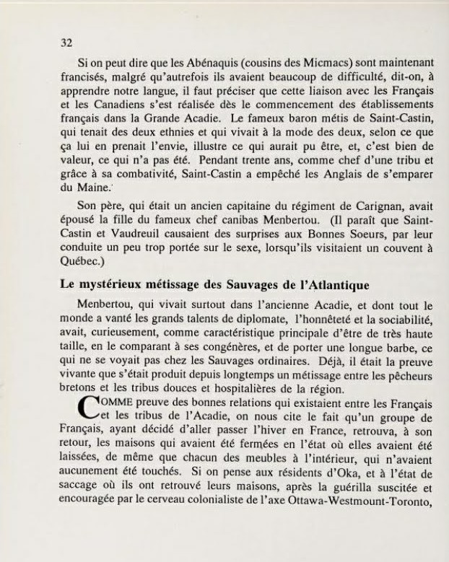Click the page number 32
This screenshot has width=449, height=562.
pos(66,43)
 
